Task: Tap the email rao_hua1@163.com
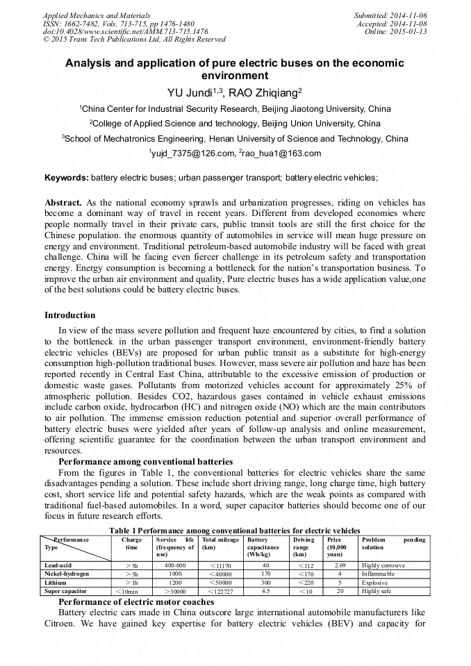[x=282, y=153]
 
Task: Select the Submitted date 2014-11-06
[x=405, y=15]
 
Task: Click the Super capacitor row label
[x=64, y=591]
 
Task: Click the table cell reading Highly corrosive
[x=383, y=566]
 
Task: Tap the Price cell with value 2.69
[x=340, y=566]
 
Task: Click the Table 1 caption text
[x=235, y=531]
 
